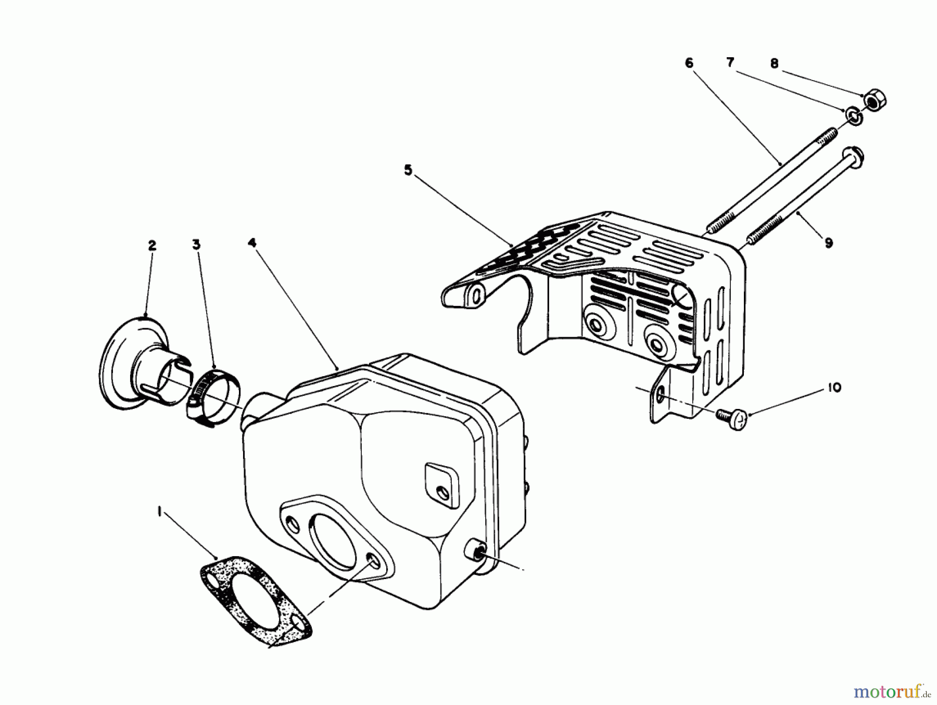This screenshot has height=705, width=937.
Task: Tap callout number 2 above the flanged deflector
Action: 152,245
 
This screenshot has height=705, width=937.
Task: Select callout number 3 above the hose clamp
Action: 196,245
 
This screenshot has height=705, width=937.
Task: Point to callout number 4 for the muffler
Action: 252,242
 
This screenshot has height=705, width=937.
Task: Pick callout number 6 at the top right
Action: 689,63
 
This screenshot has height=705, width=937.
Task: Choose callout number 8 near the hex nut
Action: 774,63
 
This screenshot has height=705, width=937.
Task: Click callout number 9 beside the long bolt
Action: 829,242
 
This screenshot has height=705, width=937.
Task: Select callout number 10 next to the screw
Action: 834,388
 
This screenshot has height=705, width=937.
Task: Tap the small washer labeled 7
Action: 854,117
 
